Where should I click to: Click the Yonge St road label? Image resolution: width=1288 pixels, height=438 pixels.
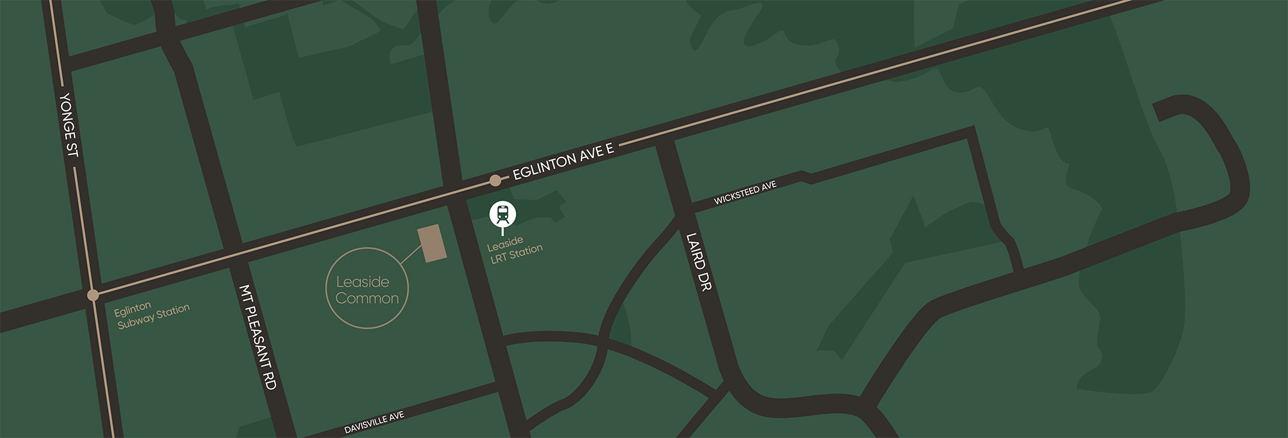tap(68, 125)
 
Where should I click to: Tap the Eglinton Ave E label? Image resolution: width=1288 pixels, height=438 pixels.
tap(563, 161)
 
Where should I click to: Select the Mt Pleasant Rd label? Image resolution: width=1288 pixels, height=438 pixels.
tap(258, 337)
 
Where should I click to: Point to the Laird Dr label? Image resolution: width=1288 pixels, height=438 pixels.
tap(699, 262)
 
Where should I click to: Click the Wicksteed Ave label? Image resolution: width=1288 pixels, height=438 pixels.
tap(745, 192)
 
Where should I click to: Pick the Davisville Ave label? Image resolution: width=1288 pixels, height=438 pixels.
tap(374, 423)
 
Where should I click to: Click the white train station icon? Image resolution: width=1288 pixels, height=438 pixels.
tap(503, 214)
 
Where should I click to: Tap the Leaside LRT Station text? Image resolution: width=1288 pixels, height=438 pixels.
tap(515, 250)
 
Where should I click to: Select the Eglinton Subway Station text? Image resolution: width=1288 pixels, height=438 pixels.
tap(153, 315)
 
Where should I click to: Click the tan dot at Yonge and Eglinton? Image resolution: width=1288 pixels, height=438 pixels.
tap(93, 295)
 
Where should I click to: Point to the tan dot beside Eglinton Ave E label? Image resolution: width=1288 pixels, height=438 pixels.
tap(495, 181)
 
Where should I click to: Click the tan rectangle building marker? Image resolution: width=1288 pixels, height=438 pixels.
tap(433, 243)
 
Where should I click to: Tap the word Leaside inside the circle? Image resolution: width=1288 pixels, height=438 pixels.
tap(363, 282)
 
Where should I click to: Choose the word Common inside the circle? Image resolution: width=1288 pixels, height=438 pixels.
tap(367, 298)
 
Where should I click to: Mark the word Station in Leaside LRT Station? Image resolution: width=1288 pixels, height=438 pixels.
tap(526, 251)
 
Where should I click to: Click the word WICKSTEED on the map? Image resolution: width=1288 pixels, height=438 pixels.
tap(737, 195)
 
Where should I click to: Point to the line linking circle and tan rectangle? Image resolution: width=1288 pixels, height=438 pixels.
tap(410, 255)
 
